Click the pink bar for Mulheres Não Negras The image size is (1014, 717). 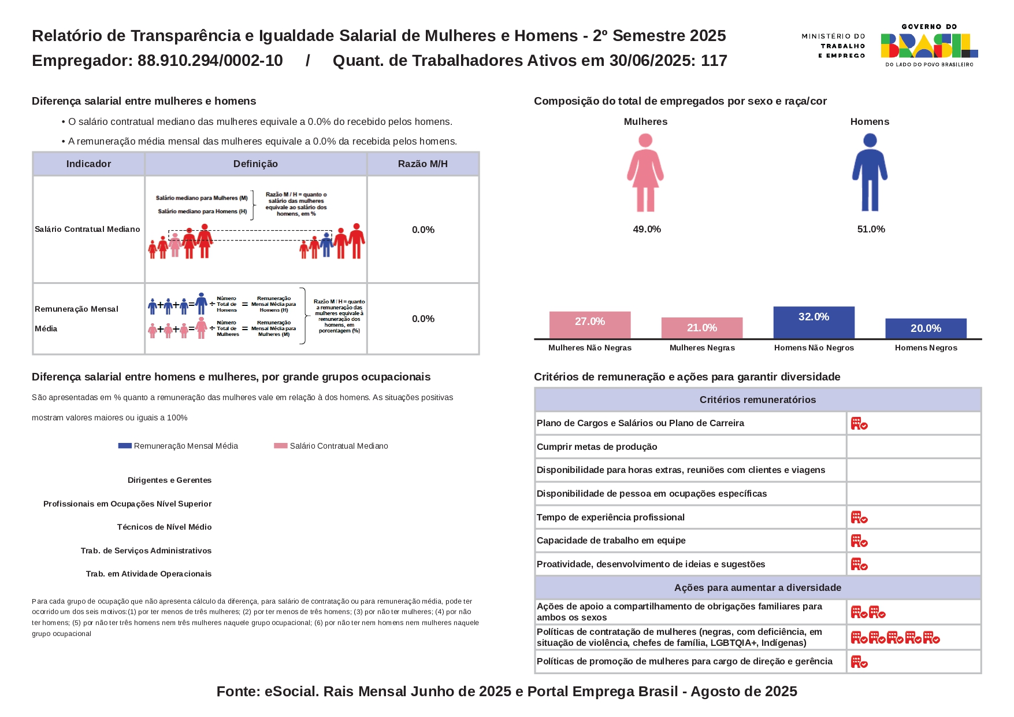point(589,325)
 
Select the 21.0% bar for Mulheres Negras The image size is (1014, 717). point(701,328)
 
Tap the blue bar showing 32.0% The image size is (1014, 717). point(814,322)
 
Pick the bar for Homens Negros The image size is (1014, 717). point(926,328)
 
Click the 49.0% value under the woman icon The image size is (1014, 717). point(647,230)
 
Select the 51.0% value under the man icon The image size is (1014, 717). point(871,230)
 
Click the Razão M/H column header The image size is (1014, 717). point(423,164)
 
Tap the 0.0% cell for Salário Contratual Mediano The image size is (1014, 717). point(423,230)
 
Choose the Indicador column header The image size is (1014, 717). point(88,164)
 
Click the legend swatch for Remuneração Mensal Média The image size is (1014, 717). point(125,446)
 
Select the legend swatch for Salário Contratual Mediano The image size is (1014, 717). point(281,446)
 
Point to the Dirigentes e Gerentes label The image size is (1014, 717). point(169,481)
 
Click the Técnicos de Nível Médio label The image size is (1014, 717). point(164,527)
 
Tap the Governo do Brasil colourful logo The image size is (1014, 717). point(929,45)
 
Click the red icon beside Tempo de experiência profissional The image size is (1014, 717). point(859,518)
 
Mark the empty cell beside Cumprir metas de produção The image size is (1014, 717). point(913,447)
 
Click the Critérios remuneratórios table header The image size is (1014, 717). point(757,400)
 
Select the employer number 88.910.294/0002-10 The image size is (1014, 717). point(210,61)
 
